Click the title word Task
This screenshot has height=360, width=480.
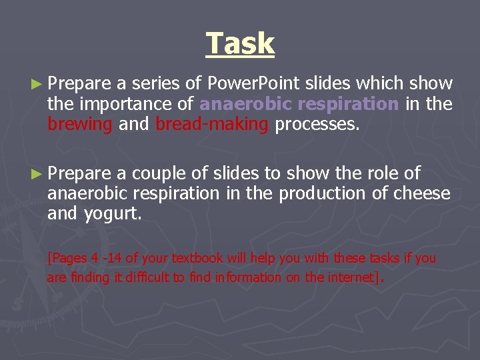[240, 44]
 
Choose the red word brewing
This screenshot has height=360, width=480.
[79, 124]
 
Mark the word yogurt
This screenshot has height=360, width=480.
[113, 215]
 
